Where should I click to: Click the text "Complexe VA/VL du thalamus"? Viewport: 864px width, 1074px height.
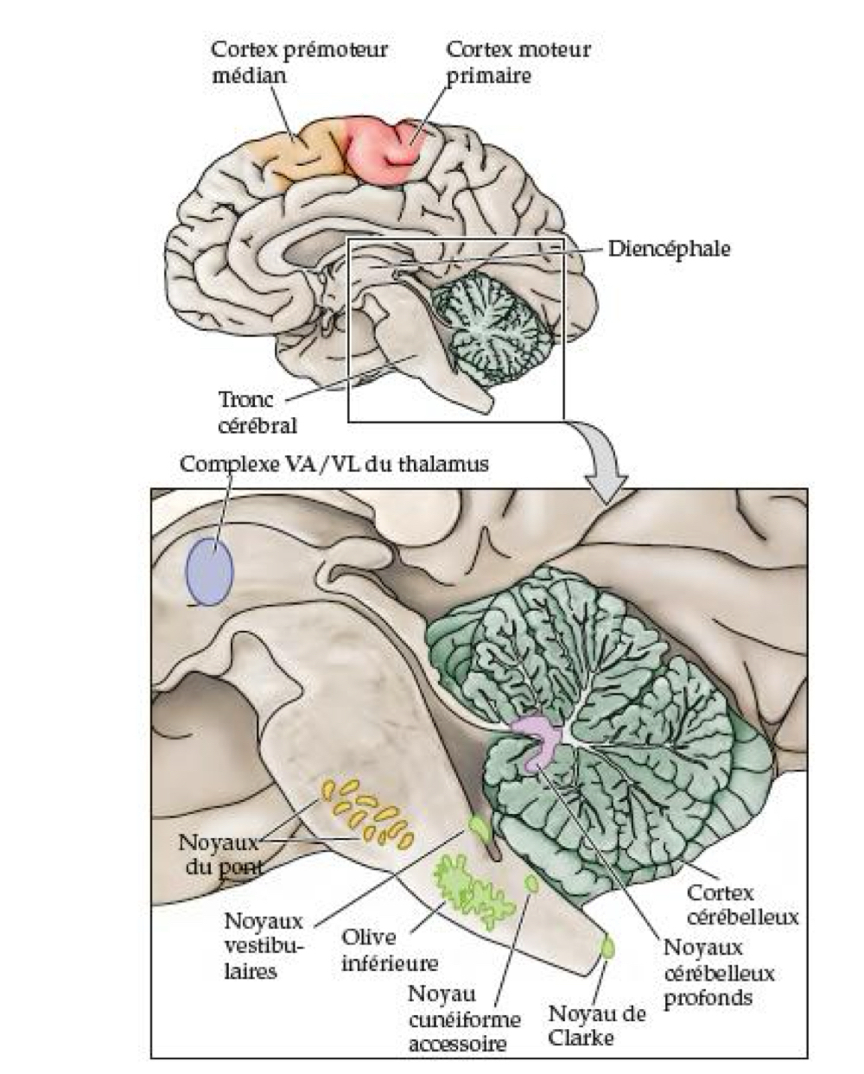point(334,464)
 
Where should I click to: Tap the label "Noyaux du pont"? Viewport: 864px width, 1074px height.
point(219,853)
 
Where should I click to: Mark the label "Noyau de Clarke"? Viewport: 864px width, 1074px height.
point(597,1025)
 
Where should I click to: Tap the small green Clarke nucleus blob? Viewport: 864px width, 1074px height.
point(609,946)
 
